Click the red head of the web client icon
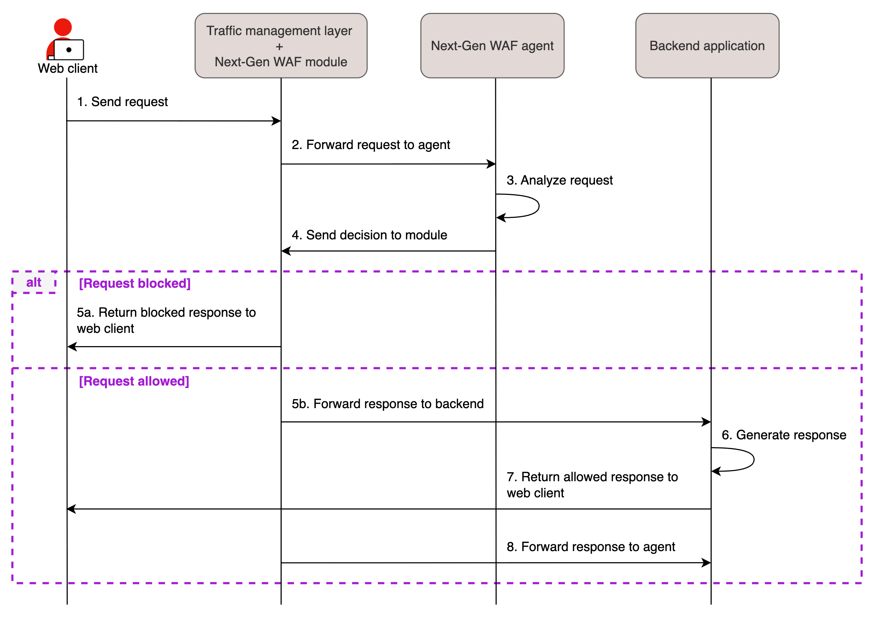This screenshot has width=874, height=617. (x=63, y=27)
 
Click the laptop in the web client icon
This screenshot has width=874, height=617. (x=69, y=49)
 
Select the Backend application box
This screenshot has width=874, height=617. (x=707, y=46)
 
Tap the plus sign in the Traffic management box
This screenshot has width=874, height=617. (x=280, y=47)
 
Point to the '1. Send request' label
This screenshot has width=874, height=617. (x=122, y=102)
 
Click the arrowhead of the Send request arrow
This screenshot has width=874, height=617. (x=277, y=121)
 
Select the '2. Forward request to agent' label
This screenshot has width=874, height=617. (x=371, y=145)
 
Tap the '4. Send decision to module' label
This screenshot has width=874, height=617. (x=369, y=235)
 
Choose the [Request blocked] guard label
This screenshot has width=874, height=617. (x=134, y=283)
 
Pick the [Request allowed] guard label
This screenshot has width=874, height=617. (x=134, y=381)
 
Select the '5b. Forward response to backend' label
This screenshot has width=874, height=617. (x=387, y=403)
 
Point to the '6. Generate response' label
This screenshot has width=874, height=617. (x=783, y=435)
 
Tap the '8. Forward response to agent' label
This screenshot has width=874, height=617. (x=591, y=546)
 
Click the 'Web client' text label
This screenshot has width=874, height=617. (x=68, y=68)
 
